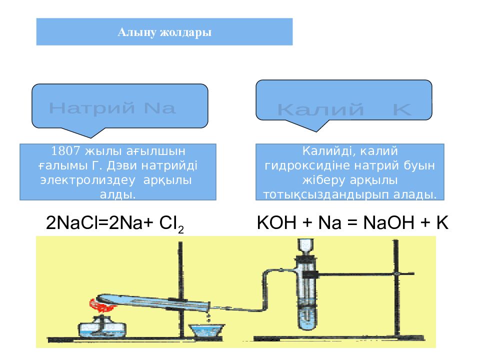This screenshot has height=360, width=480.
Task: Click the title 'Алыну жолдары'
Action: pyautogui.click(x=164, y=32)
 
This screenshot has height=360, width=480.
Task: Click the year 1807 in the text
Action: pyautogui.click(x=65, y=150)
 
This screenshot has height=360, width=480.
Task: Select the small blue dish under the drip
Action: pyautogui.click(x=206, y=331)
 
